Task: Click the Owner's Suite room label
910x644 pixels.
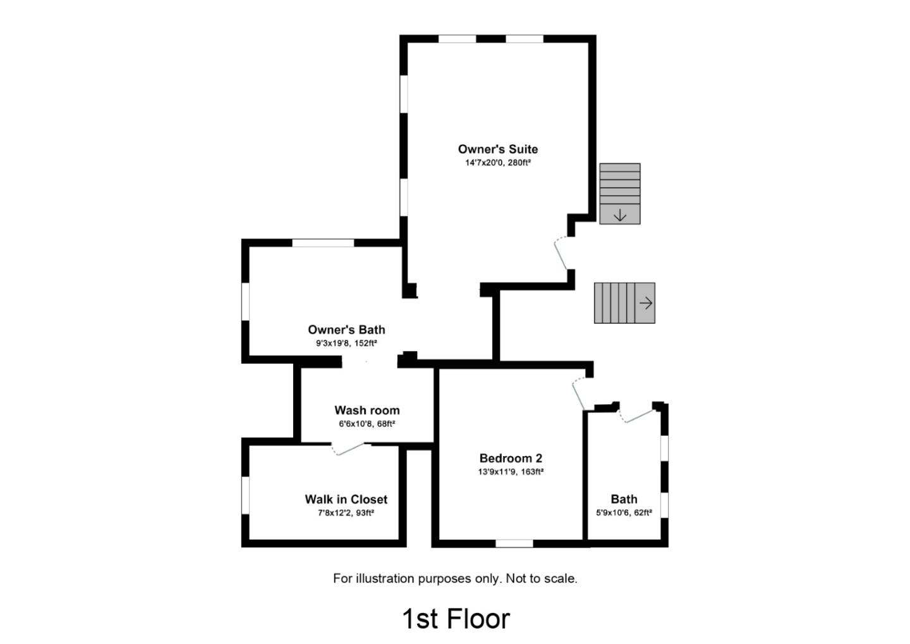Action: [498, 149]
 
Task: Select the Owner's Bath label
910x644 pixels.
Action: [346, 330]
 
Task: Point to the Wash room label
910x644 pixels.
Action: [367, 410]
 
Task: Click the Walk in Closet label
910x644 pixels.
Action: [346, 499]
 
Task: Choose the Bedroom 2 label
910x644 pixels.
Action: [511, 458]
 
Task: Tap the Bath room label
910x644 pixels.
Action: [624, 499]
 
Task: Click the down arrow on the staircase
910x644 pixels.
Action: [620, 215]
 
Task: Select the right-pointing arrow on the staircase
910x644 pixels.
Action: [646, 303]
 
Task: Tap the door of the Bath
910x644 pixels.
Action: [638, 414]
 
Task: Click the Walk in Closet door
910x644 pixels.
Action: [348, 449]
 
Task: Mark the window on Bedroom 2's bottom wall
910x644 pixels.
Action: [514, 543]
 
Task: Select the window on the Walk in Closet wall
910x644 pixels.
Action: [245, 495]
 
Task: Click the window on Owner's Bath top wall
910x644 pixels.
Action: [323, 243]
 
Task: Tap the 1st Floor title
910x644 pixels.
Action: [456, 619]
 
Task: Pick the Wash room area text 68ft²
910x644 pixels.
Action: [386, 424]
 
